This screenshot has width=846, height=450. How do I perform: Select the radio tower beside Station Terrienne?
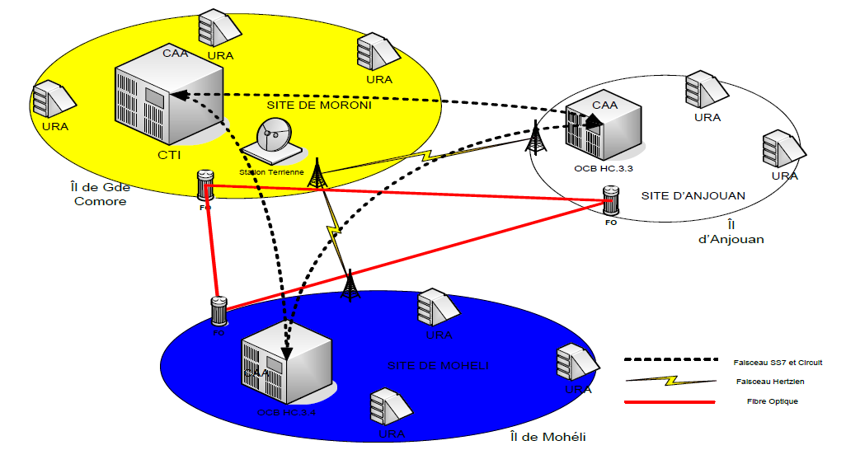click(x=317, y=171)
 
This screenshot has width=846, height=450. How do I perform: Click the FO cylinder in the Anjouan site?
click(x=611, y=200)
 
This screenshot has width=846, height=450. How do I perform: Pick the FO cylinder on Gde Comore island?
click(x=205, y=185)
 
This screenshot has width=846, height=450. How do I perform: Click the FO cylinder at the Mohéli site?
click(x=219, y=312)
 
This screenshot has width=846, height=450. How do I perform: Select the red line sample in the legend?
click(x=669, y=401)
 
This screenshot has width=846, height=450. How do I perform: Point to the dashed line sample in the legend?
click(x=669, y=361)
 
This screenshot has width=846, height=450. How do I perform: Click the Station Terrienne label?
click(x=271, y=171)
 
